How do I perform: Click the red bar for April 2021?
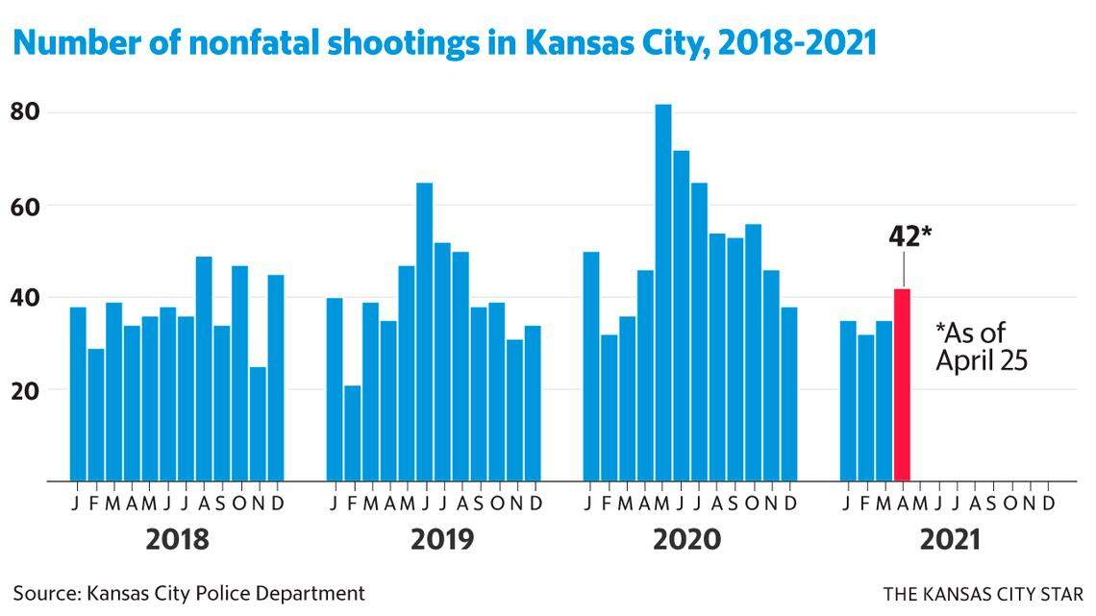[902, 384]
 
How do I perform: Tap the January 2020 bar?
[591, 366]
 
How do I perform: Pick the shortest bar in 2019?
[353, 432]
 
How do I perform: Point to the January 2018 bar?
[78, 394]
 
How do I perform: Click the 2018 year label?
[177, 540]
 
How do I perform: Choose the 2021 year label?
[949, 540]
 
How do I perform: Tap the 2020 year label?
[686, 540]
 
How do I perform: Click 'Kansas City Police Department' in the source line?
[226, 593]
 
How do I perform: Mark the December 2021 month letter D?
[1049, 504]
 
